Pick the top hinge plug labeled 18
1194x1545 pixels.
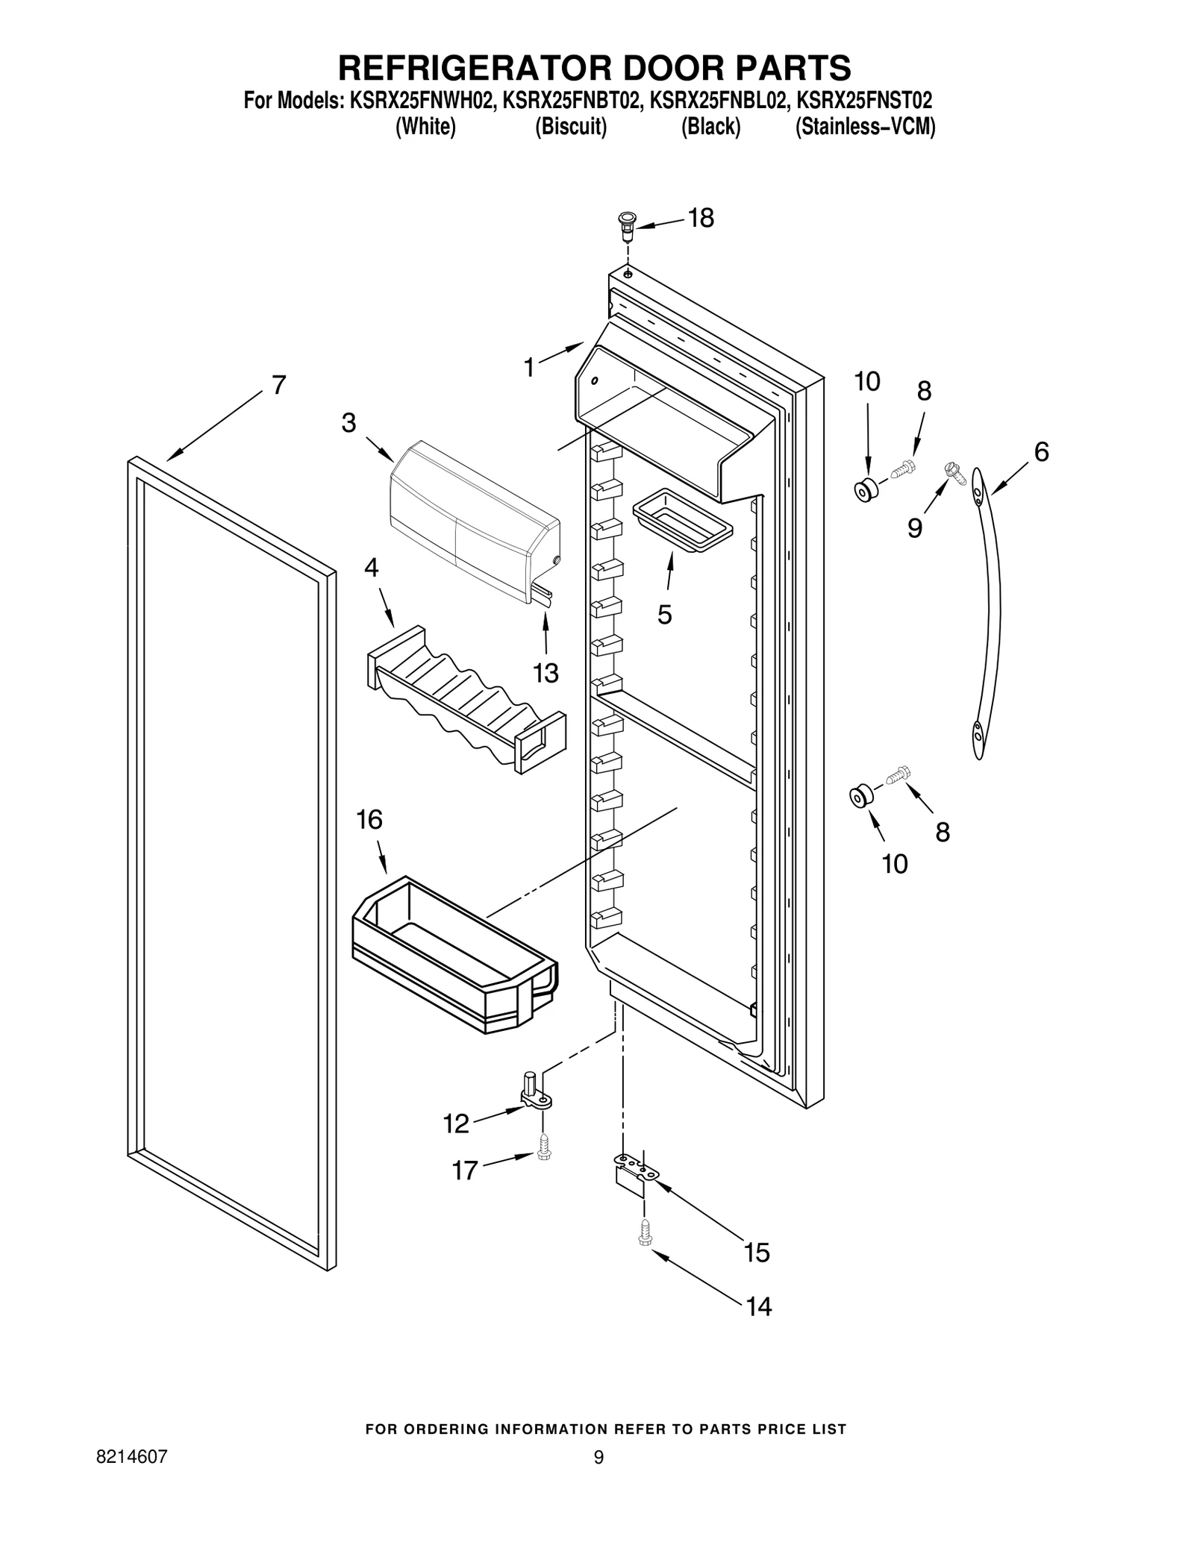625,225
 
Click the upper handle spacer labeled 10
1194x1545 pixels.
866,491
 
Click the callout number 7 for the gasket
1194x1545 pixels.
278,385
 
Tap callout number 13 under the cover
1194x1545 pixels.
546,673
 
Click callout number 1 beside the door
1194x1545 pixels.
529,367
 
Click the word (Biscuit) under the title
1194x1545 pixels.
571,127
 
